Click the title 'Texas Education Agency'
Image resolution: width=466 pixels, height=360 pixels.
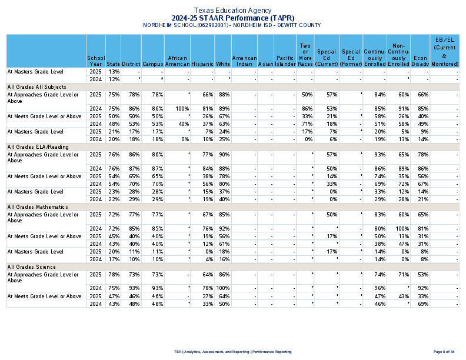coord(232,11)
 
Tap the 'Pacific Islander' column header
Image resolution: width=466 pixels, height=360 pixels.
coord(285,61)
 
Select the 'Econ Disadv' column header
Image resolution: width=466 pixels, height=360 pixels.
coord(420,61)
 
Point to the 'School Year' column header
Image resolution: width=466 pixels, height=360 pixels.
coord(96,61)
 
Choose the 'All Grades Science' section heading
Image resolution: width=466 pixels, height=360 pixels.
coord(32,267)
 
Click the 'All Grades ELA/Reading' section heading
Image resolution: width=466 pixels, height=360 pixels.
coord(37,146)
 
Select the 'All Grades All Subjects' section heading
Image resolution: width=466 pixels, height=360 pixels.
coord(37,86)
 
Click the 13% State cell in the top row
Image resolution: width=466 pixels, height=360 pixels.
coord(114,71)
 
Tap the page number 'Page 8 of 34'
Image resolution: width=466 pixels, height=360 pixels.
coord(444,351)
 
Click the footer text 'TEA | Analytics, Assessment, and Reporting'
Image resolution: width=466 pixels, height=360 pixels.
coord(232,351)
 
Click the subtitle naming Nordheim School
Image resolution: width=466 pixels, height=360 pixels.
coord(232,25)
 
